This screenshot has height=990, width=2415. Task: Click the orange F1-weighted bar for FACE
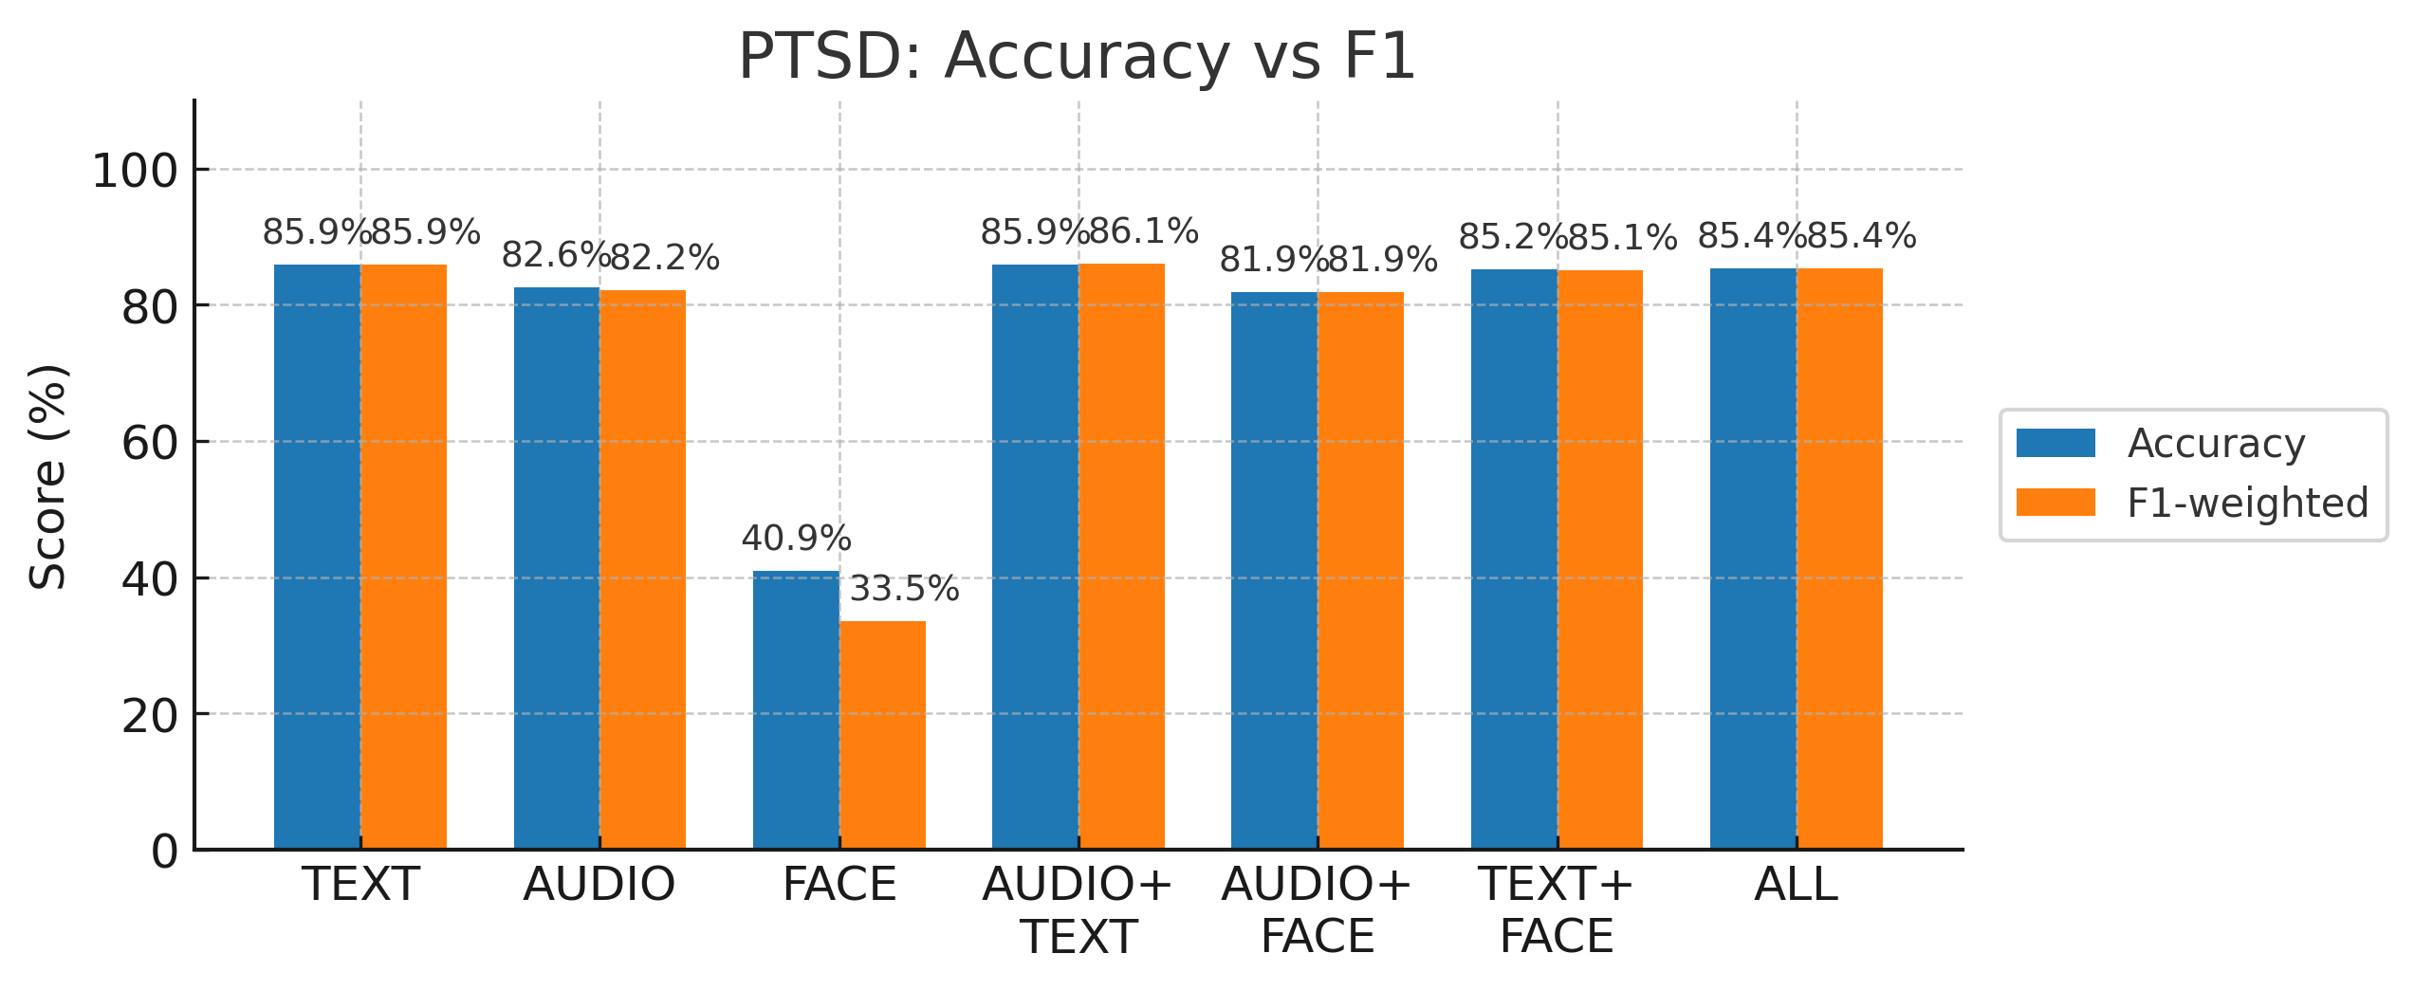882,735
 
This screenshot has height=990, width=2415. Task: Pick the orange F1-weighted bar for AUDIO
642,569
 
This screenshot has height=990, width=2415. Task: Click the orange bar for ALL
1839,559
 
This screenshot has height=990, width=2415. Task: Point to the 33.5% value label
904,589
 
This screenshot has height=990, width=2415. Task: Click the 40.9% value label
796,539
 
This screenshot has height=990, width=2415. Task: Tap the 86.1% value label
1143,231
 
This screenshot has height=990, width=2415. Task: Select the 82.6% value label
556,255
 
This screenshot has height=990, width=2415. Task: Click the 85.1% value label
1622,238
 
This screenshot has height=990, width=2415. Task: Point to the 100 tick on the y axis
135,172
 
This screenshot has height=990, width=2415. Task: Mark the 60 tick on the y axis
150,443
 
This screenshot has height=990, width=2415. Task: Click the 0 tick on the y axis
164,852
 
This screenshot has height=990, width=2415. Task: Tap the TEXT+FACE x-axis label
1557,909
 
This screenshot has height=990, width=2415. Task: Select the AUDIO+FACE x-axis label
1317,909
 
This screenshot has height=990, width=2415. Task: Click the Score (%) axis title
47,476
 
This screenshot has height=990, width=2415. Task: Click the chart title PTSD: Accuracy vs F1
1077,57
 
